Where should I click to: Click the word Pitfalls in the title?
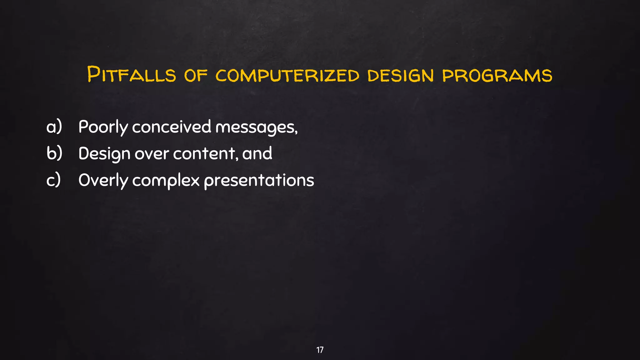[131, 75]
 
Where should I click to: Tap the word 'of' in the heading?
[196, 75]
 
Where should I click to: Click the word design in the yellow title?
[401, 75]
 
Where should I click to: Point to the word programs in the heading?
[497, 75]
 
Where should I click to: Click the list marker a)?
[54, 127]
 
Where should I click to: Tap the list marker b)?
[54, 153]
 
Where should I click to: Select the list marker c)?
[53, 180]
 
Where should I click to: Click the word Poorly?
[103, 127]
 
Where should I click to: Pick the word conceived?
[172, 127]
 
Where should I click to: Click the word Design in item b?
[104, 154]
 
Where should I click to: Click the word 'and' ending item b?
[257, 153]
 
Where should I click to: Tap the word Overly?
[103, 181]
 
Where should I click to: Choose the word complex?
[166, 181]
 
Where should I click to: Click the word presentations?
[259, 181]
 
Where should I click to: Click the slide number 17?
[320, 350]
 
